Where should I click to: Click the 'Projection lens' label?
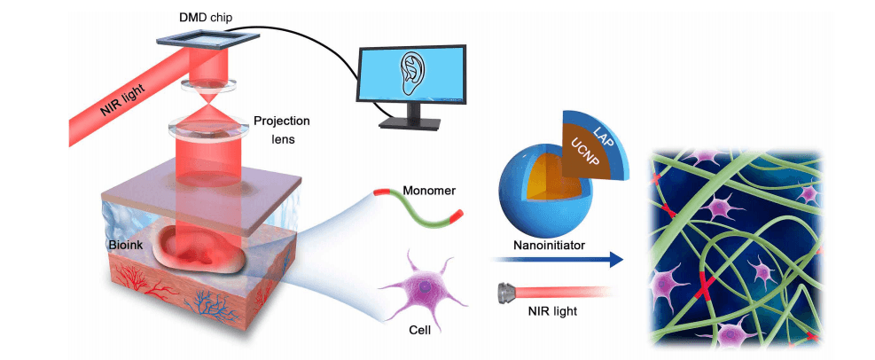[282, 129]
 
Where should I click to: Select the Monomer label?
[427, 190]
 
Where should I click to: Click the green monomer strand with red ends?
[417, 213]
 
